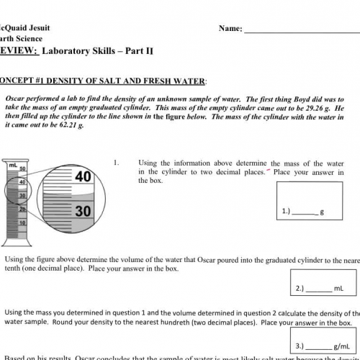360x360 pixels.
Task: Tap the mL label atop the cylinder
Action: (13, 165)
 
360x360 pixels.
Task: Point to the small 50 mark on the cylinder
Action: (23, 169)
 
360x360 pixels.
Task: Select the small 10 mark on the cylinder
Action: (23, 222)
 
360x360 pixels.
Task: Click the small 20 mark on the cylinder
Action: (23, 209)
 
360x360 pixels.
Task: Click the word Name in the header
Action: (229, 30)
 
